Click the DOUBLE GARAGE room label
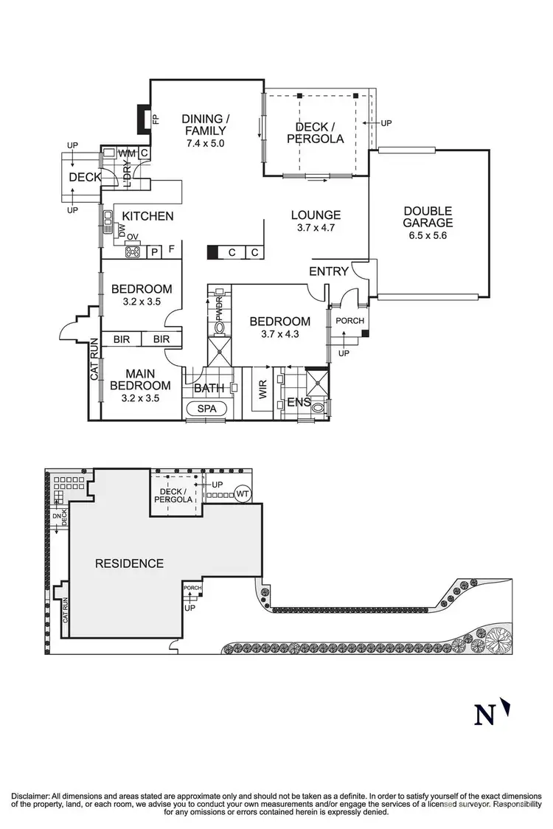point(428,216)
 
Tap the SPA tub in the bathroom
point(207,409)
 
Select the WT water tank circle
point(244,493)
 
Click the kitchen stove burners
point(133,252)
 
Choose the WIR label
point(262,389)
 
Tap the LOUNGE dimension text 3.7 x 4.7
point(316,229)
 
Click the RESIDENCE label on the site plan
point(129,563)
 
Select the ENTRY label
point(328,271)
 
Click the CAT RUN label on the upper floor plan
point(94,359)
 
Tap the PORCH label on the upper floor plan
point(348,321)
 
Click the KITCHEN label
point(147,216)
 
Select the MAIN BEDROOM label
point(140,379)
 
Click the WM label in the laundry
point(127,153)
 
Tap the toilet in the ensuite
point(319,406)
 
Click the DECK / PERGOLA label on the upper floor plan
point(315,132)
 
